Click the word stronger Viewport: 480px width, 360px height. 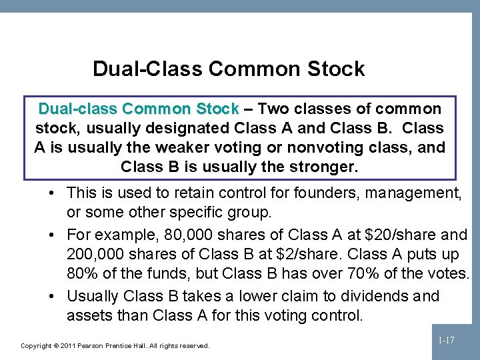click(325, 167)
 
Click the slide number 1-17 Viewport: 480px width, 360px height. click(446, 341)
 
